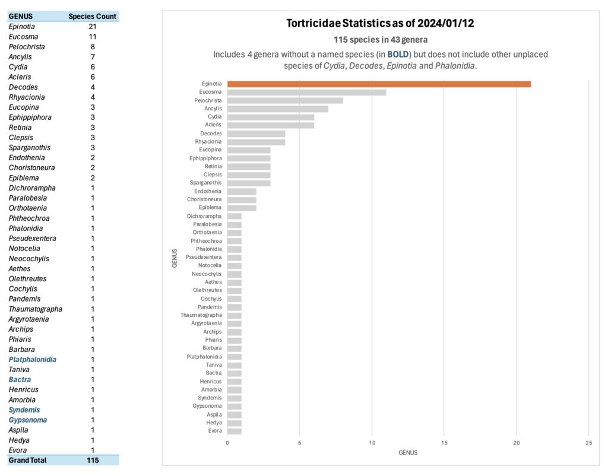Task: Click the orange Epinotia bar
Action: coord(379,84)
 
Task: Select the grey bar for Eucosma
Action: coord(306,93)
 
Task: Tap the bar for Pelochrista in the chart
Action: coord(285,100)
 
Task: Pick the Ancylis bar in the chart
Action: coord(277,109)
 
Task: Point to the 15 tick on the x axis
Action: coord(444,443)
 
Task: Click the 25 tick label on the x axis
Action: coord(588,443)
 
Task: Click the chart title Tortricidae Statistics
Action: coord(380,24)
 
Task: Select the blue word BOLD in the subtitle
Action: coord(398,55)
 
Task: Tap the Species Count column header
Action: coord(92,17)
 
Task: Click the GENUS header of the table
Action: coord(21,17)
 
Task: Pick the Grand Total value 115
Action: coord(92,460)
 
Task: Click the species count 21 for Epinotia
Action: coord(92,27)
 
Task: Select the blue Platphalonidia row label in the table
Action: coord(33,360)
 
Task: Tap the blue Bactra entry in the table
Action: coord(20,380)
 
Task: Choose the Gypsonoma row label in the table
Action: coord(27,420)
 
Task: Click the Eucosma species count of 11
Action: coord(92,37)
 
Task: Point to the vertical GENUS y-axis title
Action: coord(175,258)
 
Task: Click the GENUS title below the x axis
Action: coord(408,453)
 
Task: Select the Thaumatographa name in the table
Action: coord(35,309)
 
